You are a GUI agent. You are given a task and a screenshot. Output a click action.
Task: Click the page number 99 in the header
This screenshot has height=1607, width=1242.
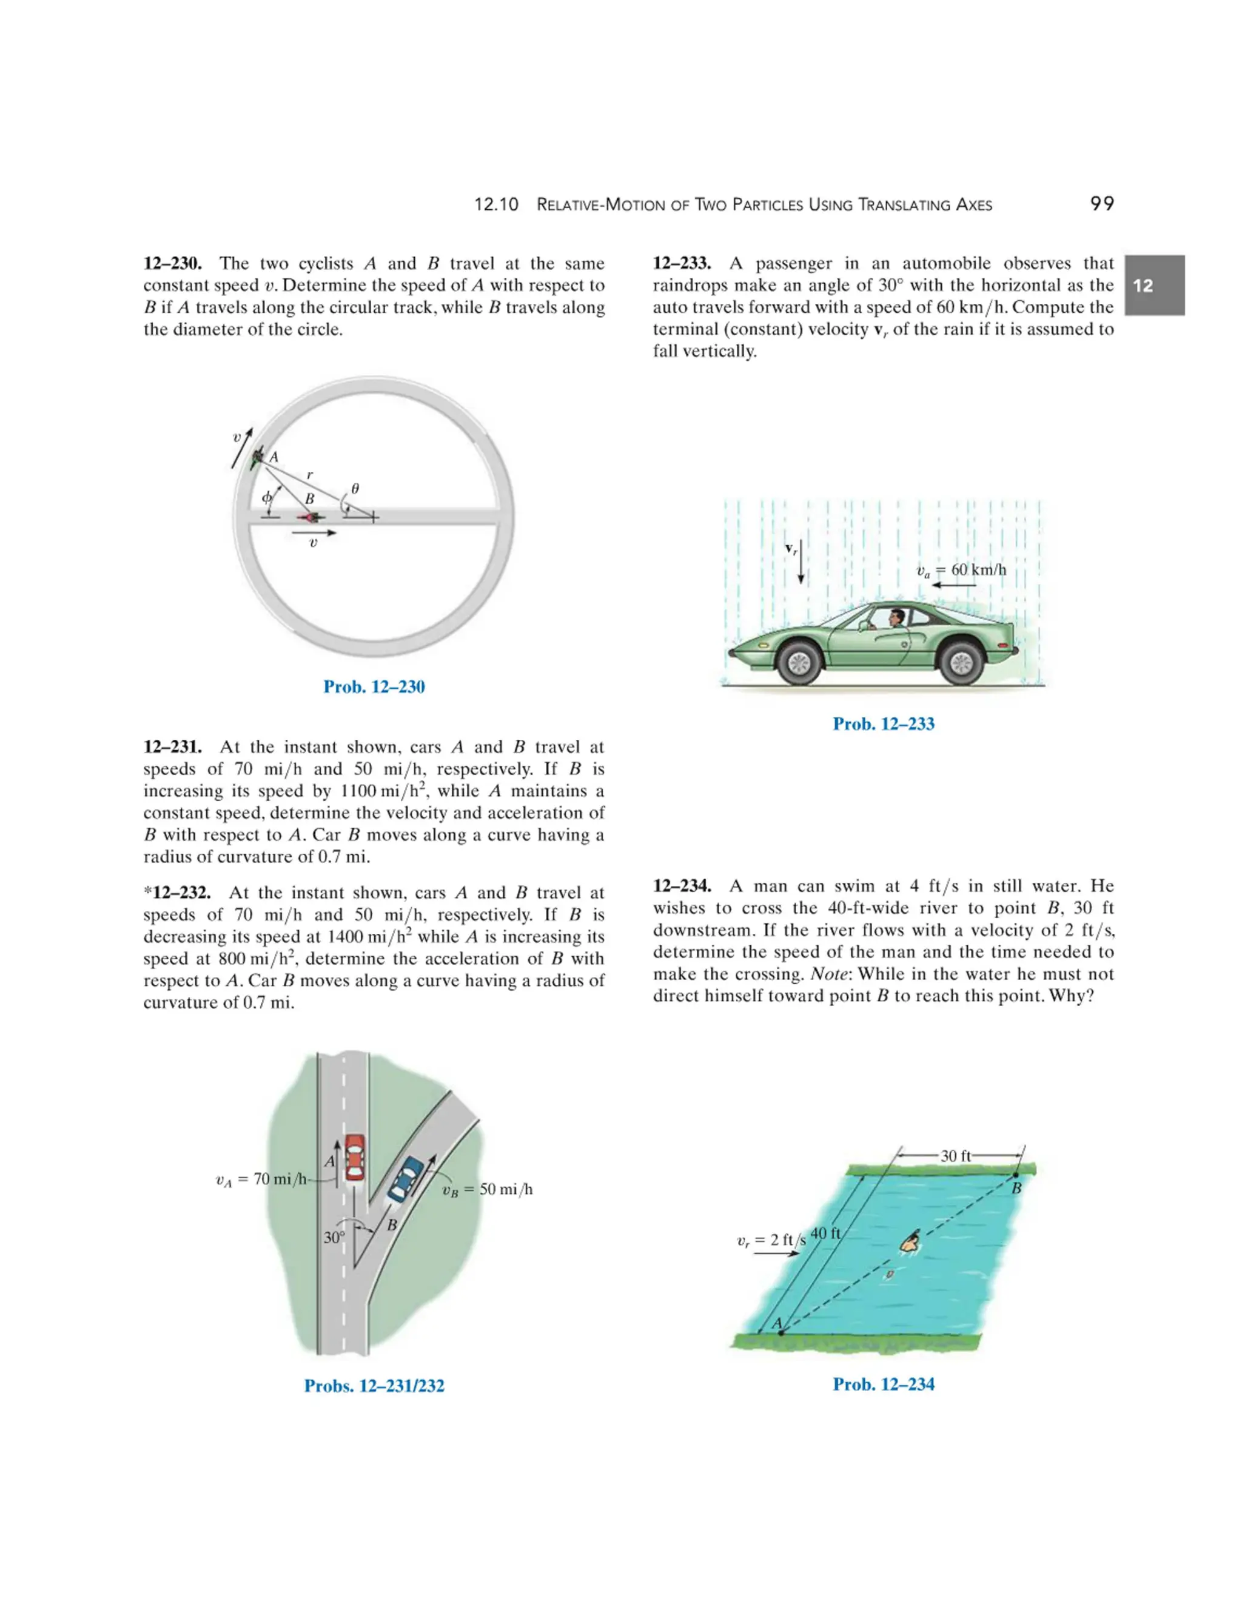click(x=1101, y=204)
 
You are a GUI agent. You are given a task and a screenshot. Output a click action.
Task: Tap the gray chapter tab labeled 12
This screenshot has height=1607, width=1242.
click(x=1153, y=286)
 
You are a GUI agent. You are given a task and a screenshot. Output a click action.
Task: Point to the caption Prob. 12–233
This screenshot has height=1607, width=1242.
click(x=883, y=723)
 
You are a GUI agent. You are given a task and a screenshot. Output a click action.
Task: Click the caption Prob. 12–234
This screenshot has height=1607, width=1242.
click(x=883, y=1384)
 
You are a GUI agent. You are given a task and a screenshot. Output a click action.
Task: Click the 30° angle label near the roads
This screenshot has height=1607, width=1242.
click(x=334, y=1238)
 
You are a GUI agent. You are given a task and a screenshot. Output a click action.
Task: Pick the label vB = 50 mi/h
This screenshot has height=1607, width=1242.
click(x=487, y=1189)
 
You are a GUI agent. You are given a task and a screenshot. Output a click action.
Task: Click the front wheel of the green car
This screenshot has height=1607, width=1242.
click(x=799, y=663)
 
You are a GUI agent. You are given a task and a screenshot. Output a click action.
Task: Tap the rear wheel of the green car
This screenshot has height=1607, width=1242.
click(x=962, y=663)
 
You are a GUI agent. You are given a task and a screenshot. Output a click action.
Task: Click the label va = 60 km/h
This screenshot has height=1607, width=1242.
click(x=961, y=570)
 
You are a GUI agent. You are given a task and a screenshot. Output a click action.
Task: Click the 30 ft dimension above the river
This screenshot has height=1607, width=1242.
click(x=955, y=1156)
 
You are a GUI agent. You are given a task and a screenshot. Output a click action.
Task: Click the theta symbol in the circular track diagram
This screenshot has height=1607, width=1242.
click(x=355, y=488)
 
